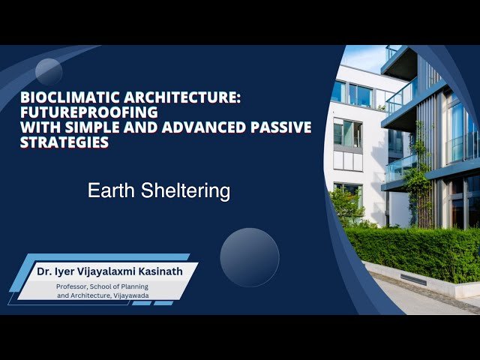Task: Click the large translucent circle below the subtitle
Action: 250,257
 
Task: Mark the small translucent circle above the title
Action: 49,72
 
